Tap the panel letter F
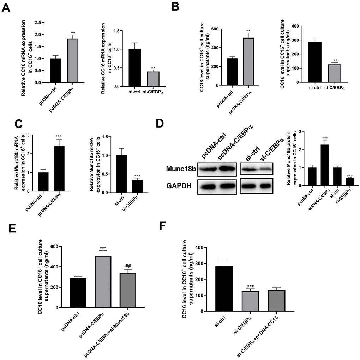[x=162, y=225]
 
